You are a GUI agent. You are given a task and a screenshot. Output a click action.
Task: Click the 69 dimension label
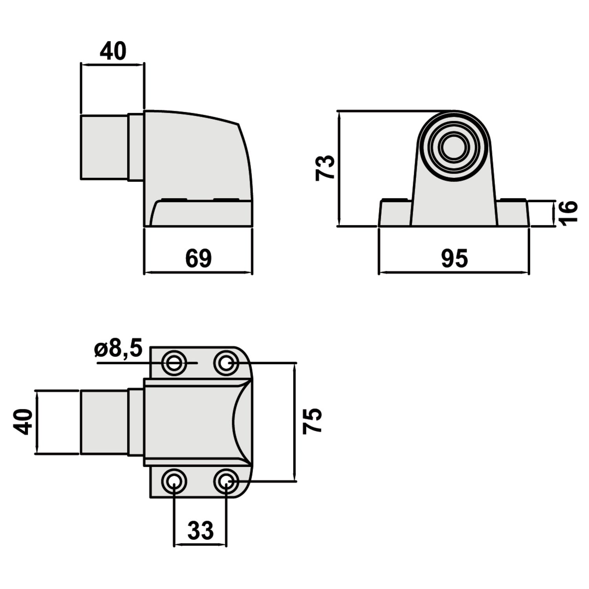(198, 258)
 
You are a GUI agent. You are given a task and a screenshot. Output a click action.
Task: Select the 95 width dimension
(454, 258)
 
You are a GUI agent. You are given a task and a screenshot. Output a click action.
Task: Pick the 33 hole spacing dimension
(200, 530)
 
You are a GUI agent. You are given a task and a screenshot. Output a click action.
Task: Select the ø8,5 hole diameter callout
(118, 349)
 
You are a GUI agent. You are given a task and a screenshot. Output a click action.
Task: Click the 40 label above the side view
(113, 51)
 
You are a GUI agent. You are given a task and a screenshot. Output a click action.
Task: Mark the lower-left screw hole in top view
(174, 481)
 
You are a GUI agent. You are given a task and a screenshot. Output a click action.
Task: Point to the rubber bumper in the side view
(104, 147)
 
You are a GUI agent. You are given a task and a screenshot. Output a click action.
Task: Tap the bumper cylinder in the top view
(104, 422)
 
